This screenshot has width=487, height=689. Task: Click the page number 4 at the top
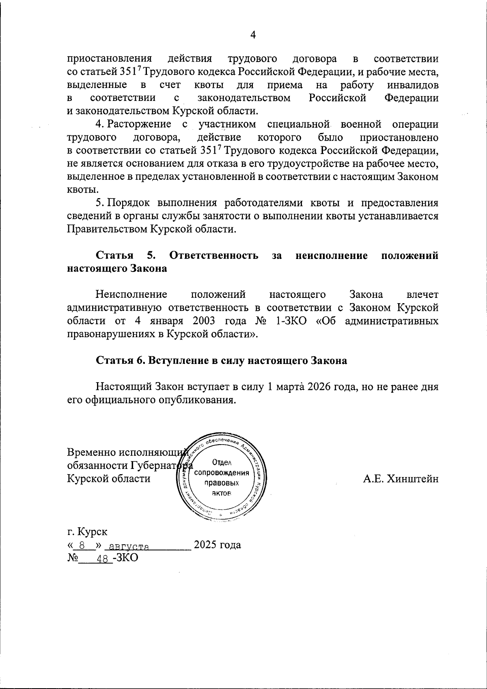252,35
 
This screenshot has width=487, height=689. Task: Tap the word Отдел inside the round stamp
221,463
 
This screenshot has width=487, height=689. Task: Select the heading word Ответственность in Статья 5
214,256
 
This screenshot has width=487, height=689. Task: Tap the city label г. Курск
87,531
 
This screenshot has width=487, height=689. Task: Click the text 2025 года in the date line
217,545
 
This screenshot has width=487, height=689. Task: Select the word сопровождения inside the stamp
222,473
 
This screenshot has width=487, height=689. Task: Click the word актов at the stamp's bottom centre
221,493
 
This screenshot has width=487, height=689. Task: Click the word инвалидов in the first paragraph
413,85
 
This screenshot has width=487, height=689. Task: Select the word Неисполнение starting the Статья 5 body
131,295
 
